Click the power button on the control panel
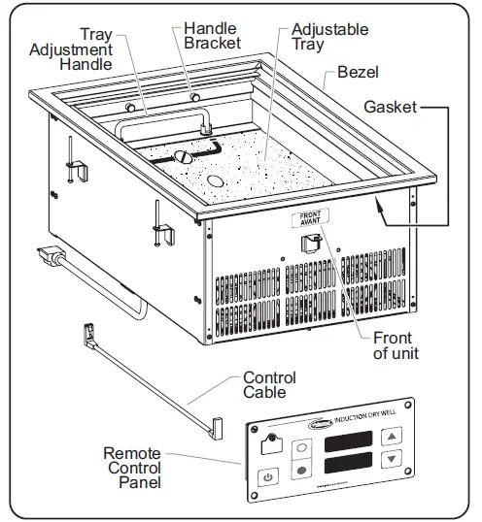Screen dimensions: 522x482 click(x=269, y=477)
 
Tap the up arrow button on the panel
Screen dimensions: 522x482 click(x=392, y=438)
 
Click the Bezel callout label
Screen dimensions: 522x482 click(x=358, y=73)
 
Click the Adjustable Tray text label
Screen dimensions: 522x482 click(x=329, y=37)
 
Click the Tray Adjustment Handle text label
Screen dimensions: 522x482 click(x=84, y=49)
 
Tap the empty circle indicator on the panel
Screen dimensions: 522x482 click(x=300, y=448)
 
